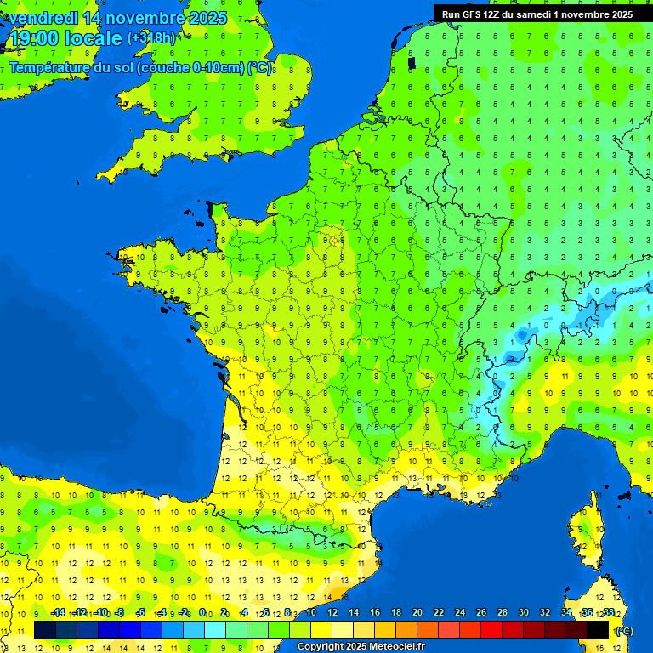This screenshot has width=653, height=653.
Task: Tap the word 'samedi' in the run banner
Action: [533, 14]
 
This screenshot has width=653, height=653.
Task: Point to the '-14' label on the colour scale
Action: [58, 613]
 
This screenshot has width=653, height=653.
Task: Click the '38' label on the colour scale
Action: [609, 613]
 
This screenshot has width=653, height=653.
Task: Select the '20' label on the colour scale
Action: [417, 613]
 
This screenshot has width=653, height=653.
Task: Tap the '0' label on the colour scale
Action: [202, 613]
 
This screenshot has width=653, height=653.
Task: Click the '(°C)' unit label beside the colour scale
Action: [625, 631]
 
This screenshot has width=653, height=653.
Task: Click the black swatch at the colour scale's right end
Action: [599, 629]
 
